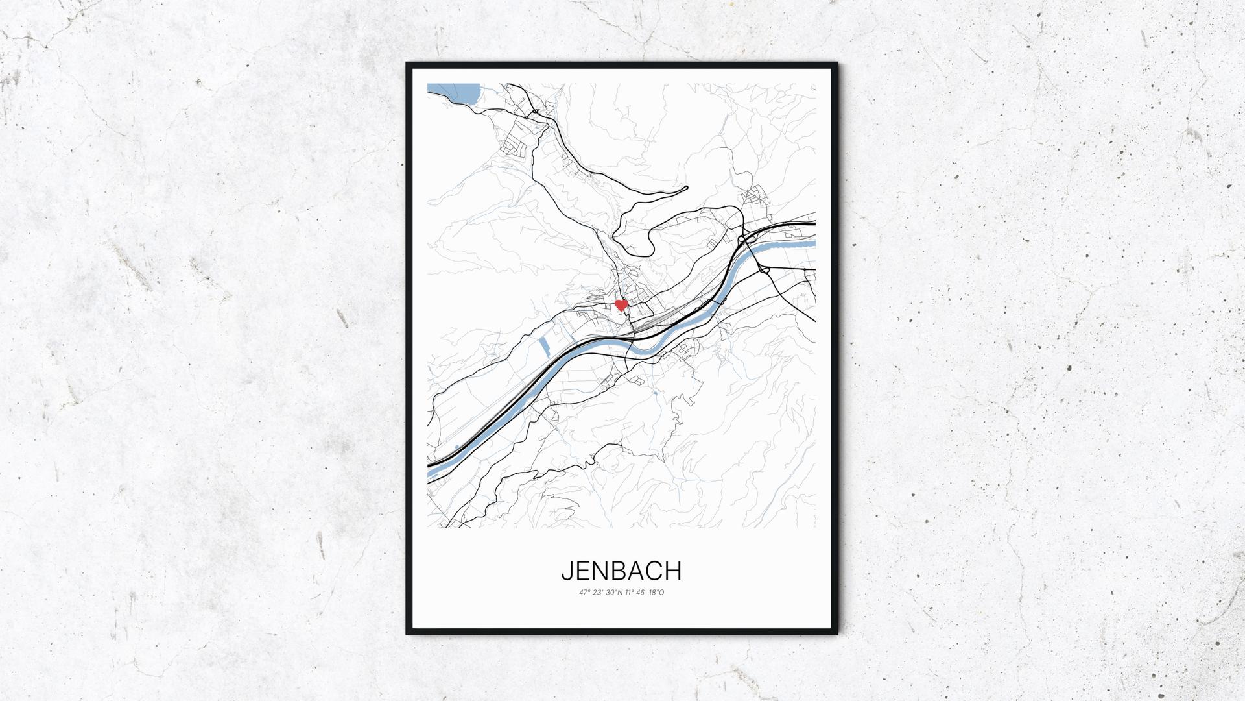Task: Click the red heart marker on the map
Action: click(621, 304)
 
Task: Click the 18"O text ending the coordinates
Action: click(657, 592)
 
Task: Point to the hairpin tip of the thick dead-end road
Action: click(685, 189)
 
